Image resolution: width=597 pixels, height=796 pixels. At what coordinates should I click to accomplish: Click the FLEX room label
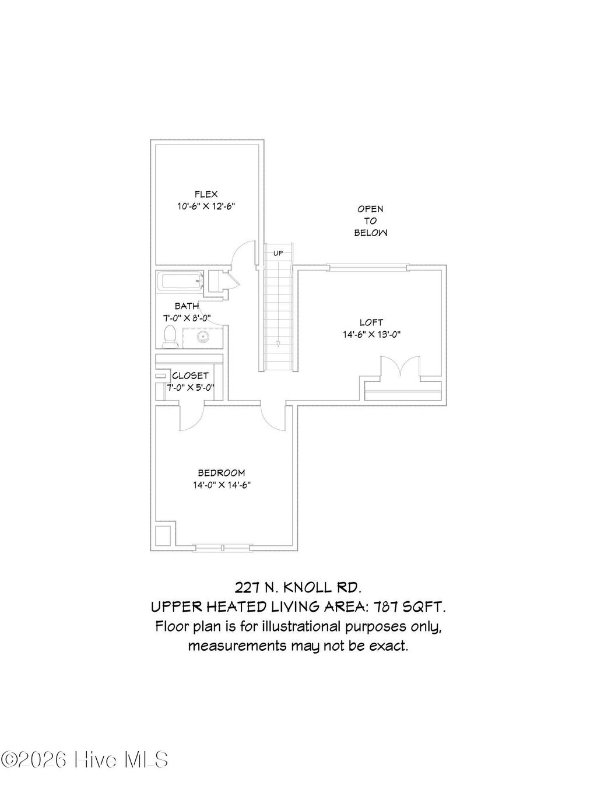click(206, 194)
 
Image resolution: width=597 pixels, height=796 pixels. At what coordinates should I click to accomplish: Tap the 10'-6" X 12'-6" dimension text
click(206, 206)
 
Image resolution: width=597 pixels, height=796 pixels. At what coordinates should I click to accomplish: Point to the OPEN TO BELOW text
click(370, 220)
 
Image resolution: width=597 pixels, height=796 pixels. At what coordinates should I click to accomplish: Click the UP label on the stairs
click(278, 253)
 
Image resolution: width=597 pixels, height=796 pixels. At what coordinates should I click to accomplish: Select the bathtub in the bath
click(181, 282)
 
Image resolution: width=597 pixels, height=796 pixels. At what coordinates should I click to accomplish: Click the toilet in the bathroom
click(170, 336)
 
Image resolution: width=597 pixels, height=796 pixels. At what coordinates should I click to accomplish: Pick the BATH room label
click(187, 306)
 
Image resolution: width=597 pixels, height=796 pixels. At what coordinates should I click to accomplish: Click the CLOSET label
click(190, 376)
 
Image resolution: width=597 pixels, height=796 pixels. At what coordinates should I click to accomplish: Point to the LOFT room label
click(371, 322)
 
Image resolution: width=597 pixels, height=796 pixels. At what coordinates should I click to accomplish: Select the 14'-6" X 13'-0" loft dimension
click(371, 335)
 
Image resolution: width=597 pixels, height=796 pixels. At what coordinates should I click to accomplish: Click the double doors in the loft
click(398, 370)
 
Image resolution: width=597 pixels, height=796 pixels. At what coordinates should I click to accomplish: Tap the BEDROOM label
click(221, 473)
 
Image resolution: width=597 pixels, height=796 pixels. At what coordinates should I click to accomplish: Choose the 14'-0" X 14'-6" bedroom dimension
click(221, 485)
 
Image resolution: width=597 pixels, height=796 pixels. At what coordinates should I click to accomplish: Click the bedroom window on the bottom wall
click(223, 546)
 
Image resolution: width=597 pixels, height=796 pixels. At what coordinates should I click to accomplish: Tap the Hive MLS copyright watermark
click(85, 760)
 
